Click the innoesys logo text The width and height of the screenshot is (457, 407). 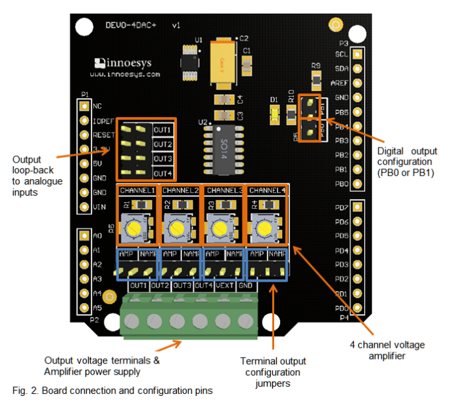click(x=127, y=63)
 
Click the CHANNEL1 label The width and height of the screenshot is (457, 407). click(x=137, y=190)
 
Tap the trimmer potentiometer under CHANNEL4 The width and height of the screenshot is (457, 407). click(x=264, y=228)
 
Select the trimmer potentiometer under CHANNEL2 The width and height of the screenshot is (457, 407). click(x=177, y=229)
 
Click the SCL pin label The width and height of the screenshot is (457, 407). click(x=341, y=54)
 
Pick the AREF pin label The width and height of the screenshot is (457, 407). click(x=340, y=83)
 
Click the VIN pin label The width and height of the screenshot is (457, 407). click(x=98, y=207)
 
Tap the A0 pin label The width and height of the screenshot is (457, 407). click(x=97, y=235)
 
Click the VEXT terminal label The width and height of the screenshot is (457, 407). click(x=224, y=286)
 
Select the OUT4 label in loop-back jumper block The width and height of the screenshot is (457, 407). click(x=162, y=173)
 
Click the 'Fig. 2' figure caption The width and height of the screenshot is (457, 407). click(x=112, y=391)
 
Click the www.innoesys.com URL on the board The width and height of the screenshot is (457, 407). click(x=125, y=75)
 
